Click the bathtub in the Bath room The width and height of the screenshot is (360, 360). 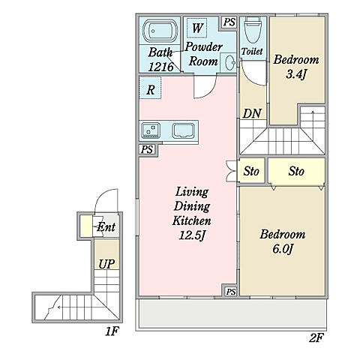pyautogui.click(x=160, y=31)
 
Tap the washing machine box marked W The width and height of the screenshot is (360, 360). pyautogui.click(x=197, y=28)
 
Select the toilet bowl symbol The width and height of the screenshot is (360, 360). pyautogui.click(x=253, y=30)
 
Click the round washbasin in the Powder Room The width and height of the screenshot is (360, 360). pyautogui.click(x=230, y=62)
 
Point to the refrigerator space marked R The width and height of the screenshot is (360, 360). pyautogui.click(x=150, y=88)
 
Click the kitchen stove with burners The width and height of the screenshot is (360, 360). pyautogui.click(x=151, y=130)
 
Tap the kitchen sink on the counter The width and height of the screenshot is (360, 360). pyautogui.click(x=183, y=130)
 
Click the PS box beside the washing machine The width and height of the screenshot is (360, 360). pyautogui.click(x=229, y=22)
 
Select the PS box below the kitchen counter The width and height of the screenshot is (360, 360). pyautogui.click(x=147, y=150)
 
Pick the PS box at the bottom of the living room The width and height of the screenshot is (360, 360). pyautogui.click(x=230, y=292)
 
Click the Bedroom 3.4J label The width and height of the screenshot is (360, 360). pyautogui.click(x=296, y=67)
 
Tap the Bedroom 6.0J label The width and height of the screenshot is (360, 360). pyautogui.click(x=283, y=241)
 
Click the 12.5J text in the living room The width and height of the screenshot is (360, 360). pyautogui.click(x=192, y=235)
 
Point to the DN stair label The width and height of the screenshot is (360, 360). pyautogui.click(x=252, y=113)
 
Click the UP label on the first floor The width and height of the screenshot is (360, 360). pyautogui.click(x=106, y=264)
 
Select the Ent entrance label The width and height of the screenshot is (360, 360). pyautogui.click(x=106, y=227)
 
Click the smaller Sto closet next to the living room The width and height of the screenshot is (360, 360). pyautogui.click(x=251, y=171)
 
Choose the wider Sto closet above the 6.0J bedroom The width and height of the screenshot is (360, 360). pyautogui.click(x=296, y=172)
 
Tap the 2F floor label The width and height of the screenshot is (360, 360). pyautogui.click(x=316, y=338)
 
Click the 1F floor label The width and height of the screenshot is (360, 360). pyautogui.click(x=112, y=331)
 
